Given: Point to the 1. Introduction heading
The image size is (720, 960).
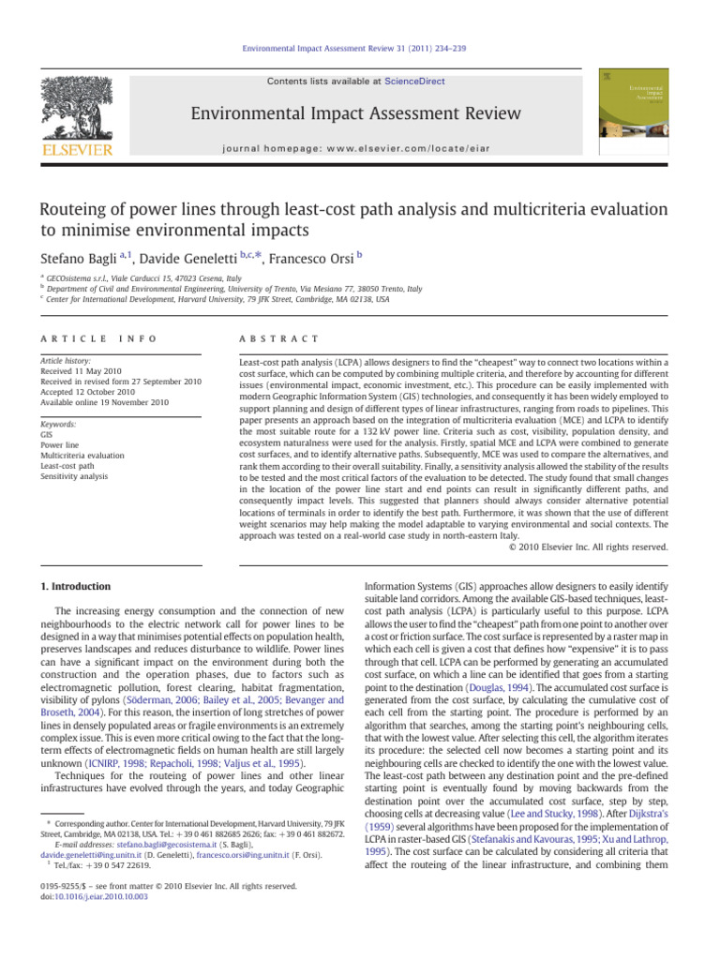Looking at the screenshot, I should pyautogui.click(x=77, y=587).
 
